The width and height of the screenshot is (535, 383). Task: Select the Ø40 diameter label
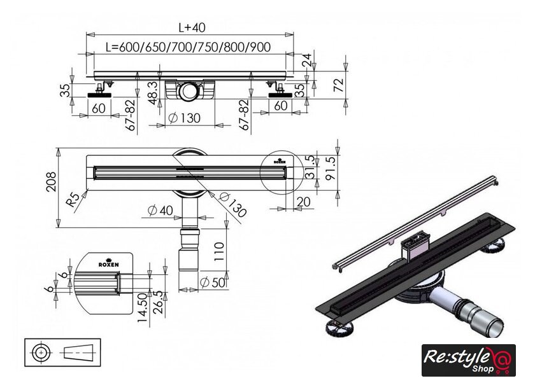158,210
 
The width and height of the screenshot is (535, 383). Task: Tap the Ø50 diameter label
212,282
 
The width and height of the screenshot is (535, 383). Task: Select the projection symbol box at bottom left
63,352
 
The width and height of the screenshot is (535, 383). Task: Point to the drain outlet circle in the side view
189,92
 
